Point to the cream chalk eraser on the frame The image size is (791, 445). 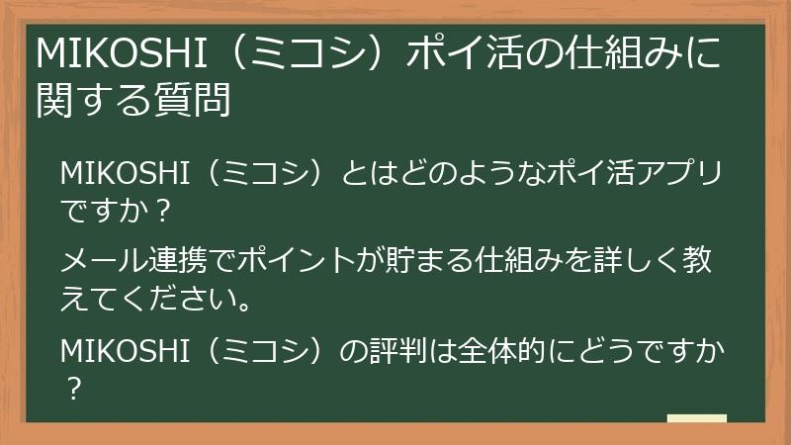coord(697,418)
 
